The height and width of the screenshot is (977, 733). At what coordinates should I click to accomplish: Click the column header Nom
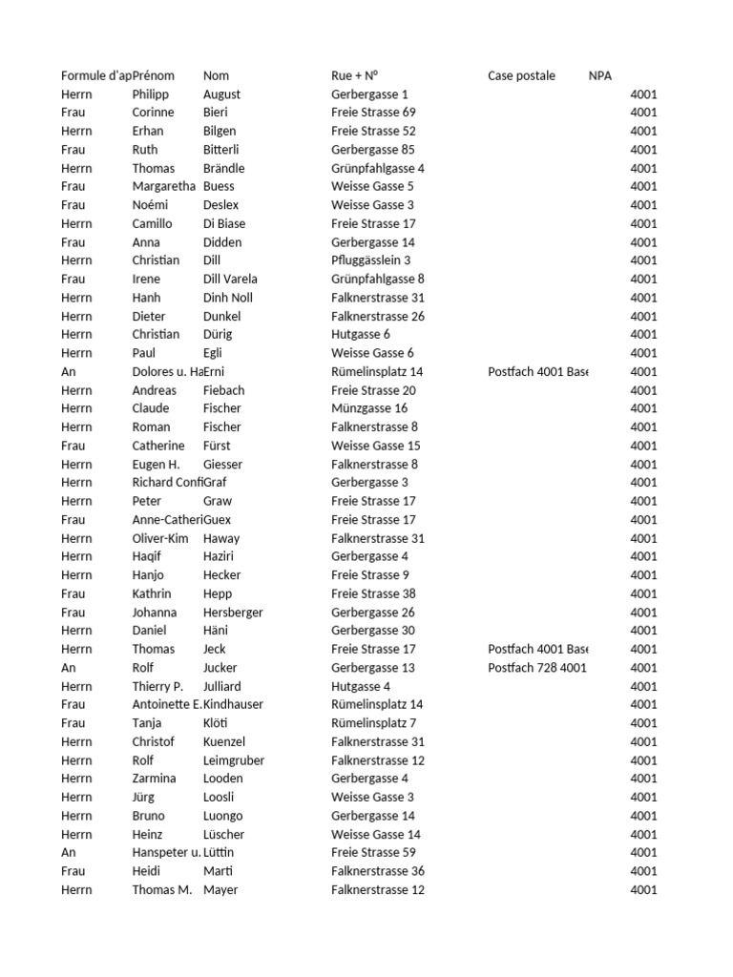coord(216,75)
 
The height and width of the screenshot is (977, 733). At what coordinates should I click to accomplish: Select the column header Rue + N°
coord(355,75)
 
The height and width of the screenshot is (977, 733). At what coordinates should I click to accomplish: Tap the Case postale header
coord(521,75)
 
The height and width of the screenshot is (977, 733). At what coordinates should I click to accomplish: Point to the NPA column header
coord(600,75)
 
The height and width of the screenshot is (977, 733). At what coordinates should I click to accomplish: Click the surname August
coord(221,94)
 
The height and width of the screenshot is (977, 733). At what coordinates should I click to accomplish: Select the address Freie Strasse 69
coord(373,113)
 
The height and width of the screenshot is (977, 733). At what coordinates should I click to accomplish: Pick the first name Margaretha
coord(164,186)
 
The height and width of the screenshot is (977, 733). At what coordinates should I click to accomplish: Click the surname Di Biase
coord(224,223)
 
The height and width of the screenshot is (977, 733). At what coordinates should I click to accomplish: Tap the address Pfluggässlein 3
coord(371,260)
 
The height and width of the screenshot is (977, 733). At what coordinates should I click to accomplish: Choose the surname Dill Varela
coord(230,279)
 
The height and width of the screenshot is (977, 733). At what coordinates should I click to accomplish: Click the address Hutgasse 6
coord(361,334)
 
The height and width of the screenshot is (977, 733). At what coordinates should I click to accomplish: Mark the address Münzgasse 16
coord(369,408)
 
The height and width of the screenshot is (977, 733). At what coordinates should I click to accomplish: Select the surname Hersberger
coord(233,613)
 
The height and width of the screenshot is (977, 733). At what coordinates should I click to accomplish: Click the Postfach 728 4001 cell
coord(537,668)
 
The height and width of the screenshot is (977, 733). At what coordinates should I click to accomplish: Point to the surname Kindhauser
coord(233,704)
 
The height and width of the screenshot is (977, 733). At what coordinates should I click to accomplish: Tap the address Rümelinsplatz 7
coord(373,723)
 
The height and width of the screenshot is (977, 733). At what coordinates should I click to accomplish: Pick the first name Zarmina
coord(154,779)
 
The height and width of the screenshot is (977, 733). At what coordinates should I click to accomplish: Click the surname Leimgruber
coord(234,760)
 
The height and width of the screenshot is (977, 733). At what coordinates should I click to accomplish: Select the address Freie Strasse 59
coord(373,852)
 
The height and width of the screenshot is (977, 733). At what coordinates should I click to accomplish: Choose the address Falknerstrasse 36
coord(378,871)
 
